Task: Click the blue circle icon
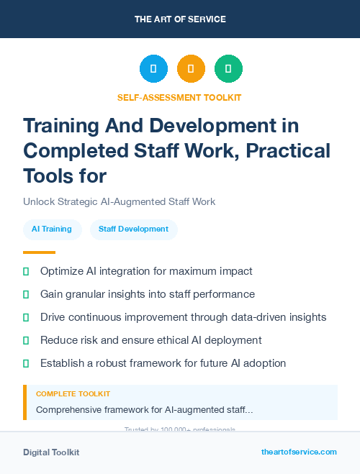pyautogui.click(x=153, y=69)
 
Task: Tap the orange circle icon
pyautogui.click(x=191, y=69)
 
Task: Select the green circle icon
pyautogui.click(x=228, y=69)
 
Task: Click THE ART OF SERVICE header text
pyautogui.click(x=180, y=19)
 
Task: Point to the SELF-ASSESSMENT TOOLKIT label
pyautogui.click(x=179, y=97)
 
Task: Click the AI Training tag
pyautogui.click(x=52, y=229)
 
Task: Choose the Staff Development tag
pyautogui.click(x=133, y=229)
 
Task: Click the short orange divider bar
pyautogui.click(x=39, y=252)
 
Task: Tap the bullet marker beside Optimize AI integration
pyautogui.click(x=26, y=271)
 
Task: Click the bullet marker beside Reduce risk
pyautogui.click(x=26, y=340)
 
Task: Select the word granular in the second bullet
pyautogui.click(x=88, y=294)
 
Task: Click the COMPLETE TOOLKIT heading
pyautogui.click(x=73, y=394)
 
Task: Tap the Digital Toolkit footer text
pyautogui.click(x=51, y=452)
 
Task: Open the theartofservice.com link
pyautogui.click(x=299, y=452)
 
